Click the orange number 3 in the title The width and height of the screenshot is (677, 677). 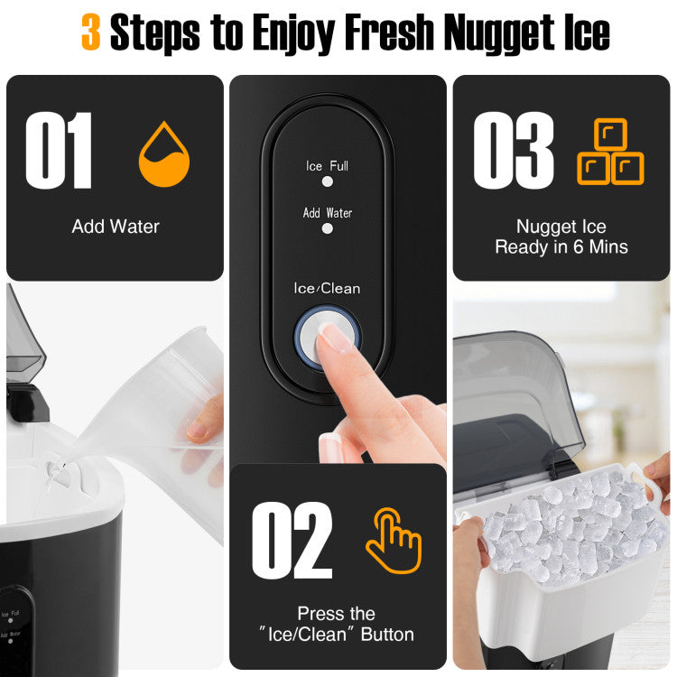pyautogui.click(x=90, y=32)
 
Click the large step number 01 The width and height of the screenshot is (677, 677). pyautogui.click(x=59, y=150)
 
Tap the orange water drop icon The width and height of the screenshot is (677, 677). pyautogui.click(x=163, y=154)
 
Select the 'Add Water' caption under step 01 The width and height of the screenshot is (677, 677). pyautogui.click(x=116, y=227)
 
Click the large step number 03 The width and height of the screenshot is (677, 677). pyautogui.click(x=513, y=150)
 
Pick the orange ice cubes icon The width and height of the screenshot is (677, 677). pyautogui.click(x=610, y=153)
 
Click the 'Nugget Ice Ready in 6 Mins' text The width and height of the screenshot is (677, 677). pyautogui.click(x=561, y=237)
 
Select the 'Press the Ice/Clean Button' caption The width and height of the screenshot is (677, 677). pyautogui.click(x=338, y=624)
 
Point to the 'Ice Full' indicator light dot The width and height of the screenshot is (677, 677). pyautogui.click(x=328, y=181)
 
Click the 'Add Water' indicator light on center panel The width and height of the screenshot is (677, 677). pyautogui.click(x=328, y=228)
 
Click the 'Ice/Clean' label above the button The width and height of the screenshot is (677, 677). pyautogui.click(x=327, y=289)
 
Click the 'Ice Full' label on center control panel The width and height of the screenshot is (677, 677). pyautogui.click(x=327, y=166)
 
